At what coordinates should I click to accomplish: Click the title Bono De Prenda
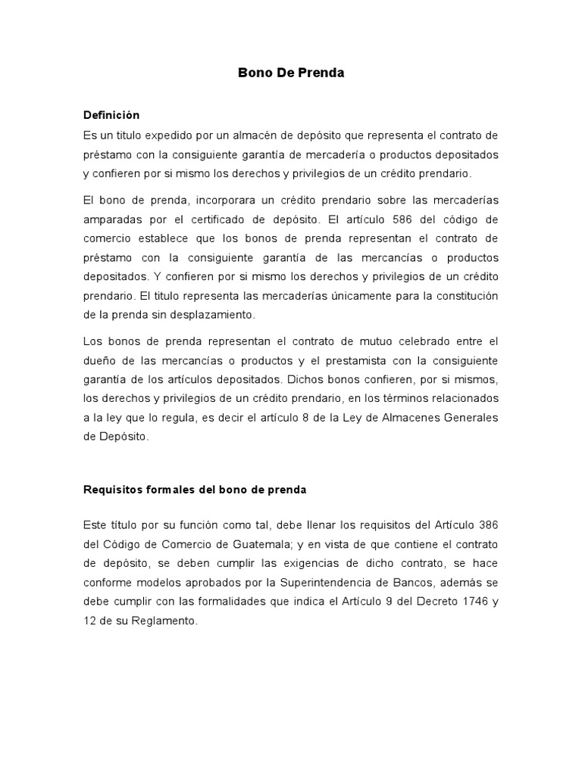[291, 73]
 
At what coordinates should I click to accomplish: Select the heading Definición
[111, 115]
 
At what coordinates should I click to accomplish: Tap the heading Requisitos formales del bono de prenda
[194, 489]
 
